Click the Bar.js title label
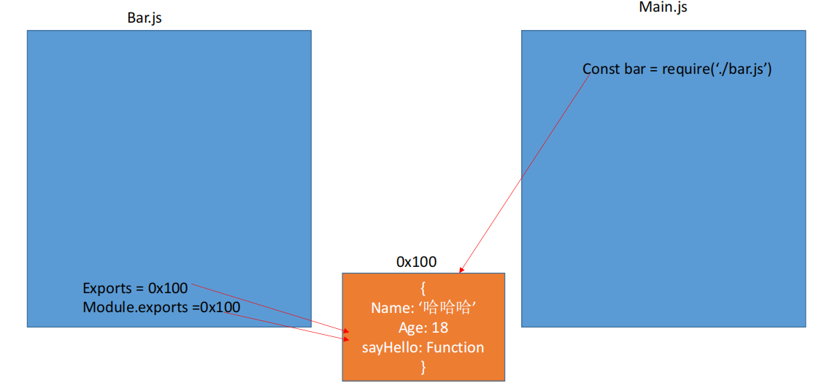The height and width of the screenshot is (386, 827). [x=144, y=18]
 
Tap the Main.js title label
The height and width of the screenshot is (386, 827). [x=663, y=7]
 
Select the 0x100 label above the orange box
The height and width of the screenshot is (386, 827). [x=416, y=262]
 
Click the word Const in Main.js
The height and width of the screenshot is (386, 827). [x=598, y=69]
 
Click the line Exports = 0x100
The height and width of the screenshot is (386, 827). [x=135, y=288]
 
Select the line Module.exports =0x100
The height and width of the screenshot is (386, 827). [x=161, y=307]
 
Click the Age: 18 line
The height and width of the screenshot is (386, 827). [x=423, y=328]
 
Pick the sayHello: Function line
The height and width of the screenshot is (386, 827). [x=423, y=347]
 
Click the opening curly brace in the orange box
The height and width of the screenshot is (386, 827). [x=423, y=288]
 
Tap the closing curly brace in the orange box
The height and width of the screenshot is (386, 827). [x=423, y=367]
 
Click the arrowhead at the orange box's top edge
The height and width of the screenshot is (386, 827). [x=461, y=270]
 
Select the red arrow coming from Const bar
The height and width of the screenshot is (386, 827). [x=526, y=173]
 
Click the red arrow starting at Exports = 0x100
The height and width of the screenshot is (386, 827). [x=269, y=309]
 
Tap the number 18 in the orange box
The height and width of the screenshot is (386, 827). [x=440, y=328]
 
